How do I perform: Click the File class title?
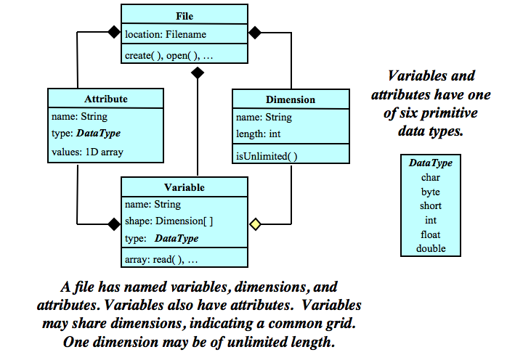click(x=185, y=16)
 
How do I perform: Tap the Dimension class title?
click(x=291, y=99)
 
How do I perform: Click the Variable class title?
click(x=185, y=187)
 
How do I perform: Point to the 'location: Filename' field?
click(x=166, y=34)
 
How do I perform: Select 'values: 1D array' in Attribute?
click(x=87, y=152)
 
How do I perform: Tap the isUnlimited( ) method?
click(x=267, y=155)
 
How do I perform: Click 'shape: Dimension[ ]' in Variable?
click(x=169, y=221)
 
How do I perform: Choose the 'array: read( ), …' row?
click(x=162, y=258)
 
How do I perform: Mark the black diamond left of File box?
click(x=113, y=33)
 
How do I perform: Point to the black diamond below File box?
click(x=197, y=73)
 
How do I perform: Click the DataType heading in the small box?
click(x=431, y=163)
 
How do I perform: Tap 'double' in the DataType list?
click(x=431, y=248)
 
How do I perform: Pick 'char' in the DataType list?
click(x=431, y=177)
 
